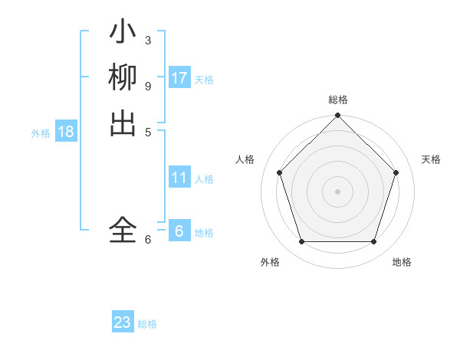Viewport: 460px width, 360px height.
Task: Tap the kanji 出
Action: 123,123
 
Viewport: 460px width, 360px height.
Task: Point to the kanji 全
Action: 123,230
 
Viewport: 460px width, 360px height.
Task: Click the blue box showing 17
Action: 179,77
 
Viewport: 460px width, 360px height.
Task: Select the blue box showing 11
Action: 179,178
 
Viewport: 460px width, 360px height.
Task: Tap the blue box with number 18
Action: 66,132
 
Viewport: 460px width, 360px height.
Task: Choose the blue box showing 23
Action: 123,322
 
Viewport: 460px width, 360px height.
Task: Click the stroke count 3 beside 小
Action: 148,39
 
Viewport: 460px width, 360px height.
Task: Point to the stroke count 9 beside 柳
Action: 148,85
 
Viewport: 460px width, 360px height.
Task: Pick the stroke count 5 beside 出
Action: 148,131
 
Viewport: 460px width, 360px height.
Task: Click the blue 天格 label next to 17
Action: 204,79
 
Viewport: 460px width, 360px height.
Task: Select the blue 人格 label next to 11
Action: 204,179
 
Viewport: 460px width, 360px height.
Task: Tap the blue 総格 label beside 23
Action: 147,324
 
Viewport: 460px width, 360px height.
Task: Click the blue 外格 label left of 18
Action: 41,133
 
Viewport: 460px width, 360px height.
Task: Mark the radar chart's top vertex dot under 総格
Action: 337,116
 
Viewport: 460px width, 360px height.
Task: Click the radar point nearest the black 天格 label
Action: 396,172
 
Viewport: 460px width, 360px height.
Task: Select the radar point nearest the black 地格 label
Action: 374,242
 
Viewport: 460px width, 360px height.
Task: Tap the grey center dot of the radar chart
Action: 337,191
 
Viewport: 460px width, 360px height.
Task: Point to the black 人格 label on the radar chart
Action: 245,159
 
